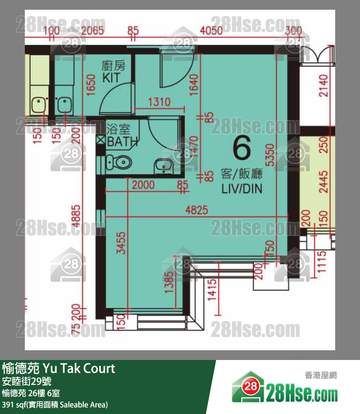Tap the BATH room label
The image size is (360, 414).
click(122, 142)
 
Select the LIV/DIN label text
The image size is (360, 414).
click(241, 188)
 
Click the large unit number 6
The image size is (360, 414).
click(242, 149)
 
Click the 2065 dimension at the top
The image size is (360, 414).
click(92, 32)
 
